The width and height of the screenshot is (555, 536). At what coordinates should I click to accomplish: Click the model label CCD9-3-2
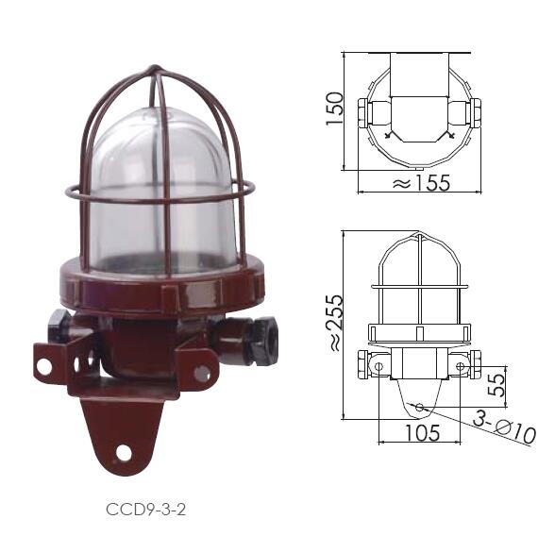tap(147, 510)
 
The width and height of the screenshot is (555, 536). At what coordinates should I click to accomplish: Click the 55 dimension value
tap(495, 385)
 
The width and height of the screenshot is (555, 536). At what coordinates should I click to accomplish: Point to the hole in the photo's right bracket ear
tap(202, 374)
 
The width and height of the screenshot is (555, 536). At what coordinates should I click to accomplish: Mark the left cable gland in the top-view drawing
tap(368, 110)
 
